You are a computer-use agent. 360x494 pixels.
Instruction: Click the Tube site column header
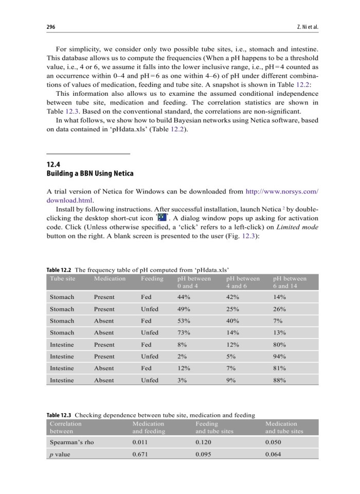click(62, 278)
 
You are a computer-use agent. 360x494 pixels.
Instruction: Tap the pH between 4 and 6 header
click(243, 282)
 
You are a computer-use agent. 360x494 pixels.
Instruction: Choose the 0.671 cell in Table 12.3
click(140, 454)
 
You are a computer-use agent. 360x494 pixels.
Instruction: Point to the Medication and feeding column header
click(149, 427)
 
